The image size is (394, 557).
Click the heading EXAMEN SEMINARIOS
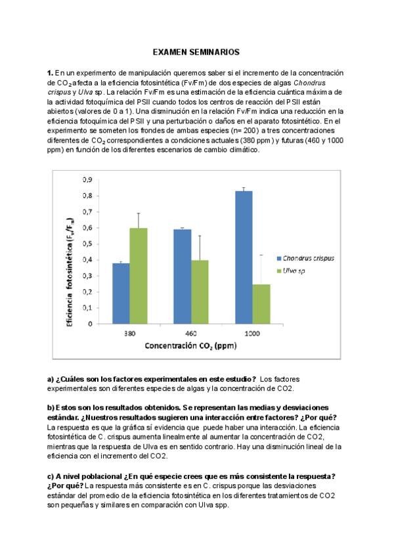(196, 51)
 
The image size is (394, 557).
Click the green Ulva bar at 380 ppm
(138, 276)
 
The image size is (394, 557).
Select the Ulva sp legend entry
(295, 270)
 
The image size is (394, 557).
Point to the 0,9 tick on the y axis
(86, 180)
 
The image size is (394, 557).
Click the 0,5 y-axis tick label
(86, 244)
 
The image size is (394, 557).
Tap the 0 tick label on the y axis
(89, 324)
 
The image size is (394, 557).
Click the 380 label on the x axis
(129, 334)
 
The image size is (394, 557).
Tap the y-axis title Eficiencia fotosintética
(70, 254)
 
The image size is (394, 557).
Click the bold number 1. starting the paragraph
(50, 72)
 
